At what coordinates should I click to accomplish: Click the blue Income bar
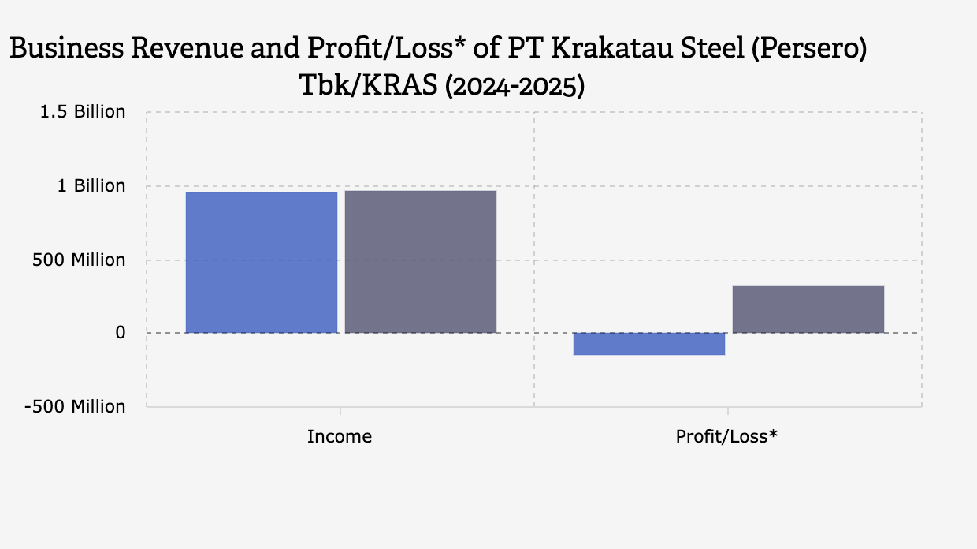click(x=262, y=262)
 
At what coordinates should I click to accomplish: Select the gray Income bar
click(x=421, y=261)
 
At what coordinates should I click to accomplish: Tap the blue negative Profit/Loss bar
click(x=649, y=344)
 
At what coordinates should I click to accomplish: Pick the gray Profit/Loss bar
click(x=808, y=308)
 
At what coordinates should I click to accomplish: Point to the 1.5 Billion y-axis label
click(x=83, y=112)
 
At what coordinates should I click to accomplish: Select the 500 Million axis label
click(x=79, y=260)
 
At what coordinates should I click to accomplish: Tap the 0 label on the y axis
click(x=120, y=333)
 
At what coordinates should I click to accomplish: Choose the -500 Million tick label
click(x=75, y=407)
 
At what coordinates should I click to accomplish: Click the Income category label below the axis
click(x=340, y=436)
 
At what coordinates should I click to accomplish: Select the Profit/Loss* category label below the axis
click(x=726, y=436)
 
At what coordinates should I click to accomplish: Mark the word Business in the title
click(x=65, y=49)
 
